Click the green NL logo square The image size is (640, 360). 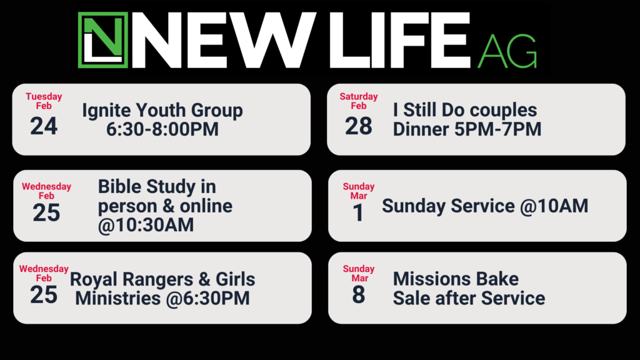coord(103,40)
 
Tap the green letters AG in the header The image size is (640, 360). coord(507,51)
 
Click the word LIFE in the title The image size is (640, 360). coord(400,40)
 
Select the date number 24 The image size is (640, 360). coord(44,126)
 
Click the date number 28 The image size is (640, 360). coord(359,126)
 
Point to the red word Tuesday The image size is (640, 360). coord(44,97)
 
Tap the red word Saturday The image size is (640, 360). coord(359,97)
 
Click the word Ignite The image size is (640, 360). coord(106,111)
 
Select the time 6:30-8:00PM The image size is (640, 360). coord(162,129)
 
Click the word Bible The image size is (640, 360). coord(119,186)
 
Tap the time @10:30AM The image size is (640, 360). coord(146,225)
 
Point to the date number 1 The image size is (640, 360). coord(358,212)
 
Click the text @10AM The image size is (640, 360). coord(554,206)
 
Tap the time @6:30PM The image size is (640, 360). coord(207,298)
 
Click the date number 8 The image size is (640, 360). coord(358,295)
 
